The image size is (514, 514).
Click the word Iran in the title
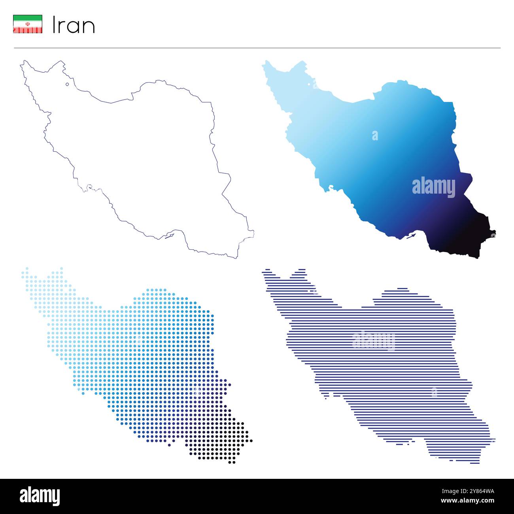pyautogui.click(x=74, y=26)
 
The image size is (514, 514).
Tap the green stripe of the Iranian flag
pyautogui.click(x=28, y=17)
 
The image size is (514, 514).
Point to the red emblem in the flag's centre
pyautogui.click(x=28, y=24)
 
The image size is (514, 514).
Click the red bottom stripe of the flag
pyautogui.click(x=28, y=30)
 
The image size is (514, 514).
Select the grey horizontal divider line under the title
pyautogui.click(x=257, y=48)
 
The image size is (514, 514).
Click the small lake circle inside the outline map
pyautogui.click(x=67, y=84)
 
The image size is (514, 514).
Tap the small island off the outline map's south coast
pyautogui.click(x=169, y=236)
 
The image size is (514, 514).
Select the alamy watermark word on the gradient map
pyautogui.click(x=433, y=187)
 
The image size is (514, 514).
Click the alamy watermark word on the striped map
pyautogui.click(x=373, y=341)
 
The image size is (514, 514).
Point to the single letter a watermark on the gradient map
pyautogui.click(x=374, y=136)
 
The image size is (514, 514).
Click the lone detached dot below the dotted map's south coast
pyautogui.click(x=169, y=445)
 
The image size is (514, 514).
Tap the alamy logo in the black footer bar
pyautogui.click(x=40, y=496)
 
